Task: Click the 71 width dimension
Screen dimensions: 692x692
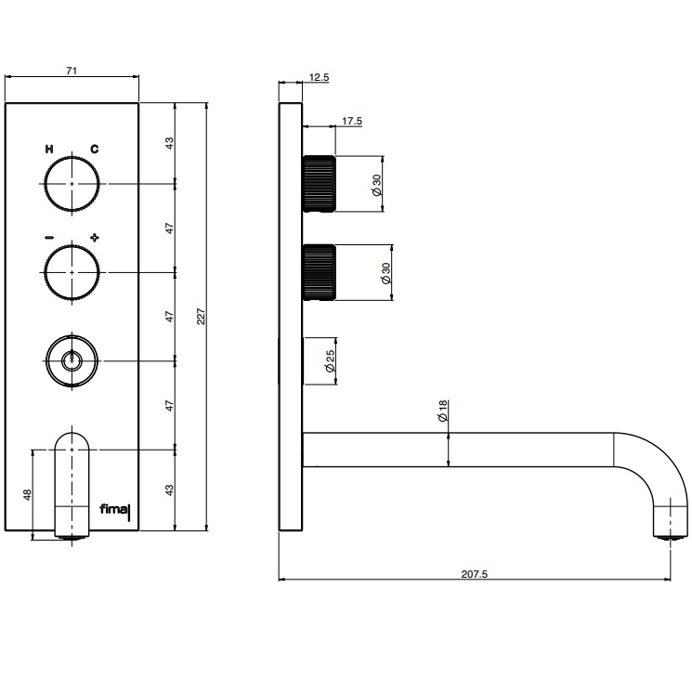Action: (71, 69)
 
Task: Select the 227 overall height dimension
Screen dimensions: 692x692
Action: (201, 316)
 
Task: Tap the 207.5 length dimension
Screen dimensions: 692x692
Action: (474, 575)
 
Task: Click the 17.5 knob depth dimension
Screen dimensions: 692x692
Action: (352, 121)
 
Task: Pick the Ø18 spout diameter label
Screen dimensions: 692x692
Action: (443, 410)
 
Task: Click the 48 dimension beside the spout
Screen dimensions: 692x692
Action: (27, 496)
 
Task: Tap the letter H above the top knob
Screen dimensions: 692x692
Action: (48, 149)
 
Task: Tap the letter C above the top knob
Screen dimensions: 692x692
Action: (95, 149)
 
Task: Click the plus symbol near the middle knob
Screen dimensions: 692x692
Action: (95, 238)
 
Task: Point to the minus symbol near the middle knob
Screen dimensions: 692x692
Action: (48, 238)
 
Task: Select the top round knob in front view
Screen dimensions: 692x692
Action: (72, 184)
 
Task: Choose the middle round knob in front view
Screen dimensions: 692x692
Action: (72, 272)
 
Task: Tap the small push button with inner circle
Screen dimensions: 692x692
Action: (72, 359)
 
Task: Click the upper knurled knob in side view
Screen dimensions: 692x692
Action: (318, 184)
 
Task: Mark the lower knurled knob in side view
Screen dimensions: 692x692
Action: (318, 272)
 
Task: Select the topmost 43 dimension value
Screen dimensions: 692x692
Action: (170, 143)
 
